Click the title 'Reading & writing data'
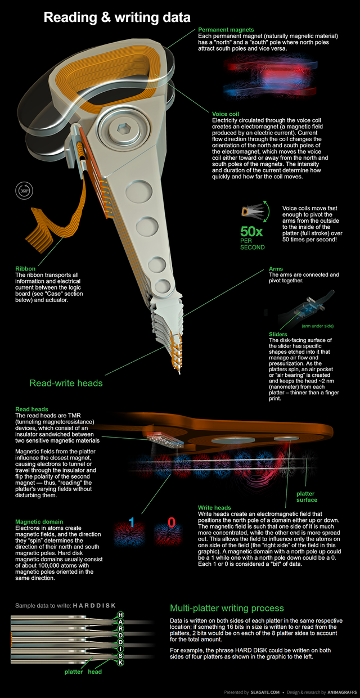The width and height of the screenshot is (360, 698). pos(117,18)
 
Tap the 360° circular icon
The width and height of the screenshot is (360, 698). pos(24,191)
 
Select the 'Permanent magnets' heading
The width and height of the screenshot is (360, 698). pos(226,30)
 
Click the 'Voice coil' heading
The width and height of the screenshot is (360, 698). pos(226,114)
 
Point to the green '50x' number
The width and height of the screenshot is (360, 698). pos(251,232)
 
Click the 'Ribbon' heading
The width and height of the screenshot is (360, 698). pos(25,269)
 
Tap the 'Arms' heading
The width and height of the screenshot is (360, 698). pos(276,269)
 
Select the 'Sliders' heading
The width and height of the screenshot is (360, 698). pos(278,334)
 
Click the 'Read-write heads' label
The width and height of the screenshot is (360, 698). pos(66,383)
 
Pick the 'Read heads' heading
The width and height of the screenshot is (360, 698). pos(32,409)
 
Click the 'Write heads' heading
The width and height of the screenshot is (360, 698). pos(214,507)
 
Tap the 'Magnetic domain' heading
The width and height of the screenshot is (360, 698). pos(39,521)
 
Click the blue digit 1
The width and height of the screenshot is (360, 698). pos(131,523)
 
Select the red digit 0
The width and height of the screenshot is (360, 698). pos(172,523)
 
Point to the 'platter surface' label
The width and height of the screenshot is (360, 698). pos(307,497)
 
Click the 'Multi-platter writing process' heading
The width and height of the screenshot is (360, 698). pos(227,608)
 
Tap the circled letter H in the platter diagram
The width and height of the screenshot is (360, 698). pos(120,615)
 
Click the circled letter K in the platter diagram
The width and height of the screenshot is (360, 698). pos(120,663)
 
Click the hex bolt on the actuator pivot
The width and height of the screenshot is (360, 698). pos(122,128)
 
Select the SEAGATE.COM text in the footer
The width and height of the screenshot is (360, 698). pos(265,692)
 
